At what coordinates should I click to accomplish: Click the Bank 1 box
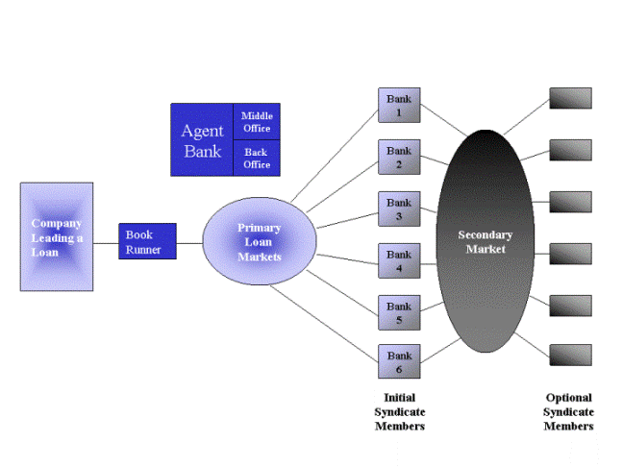[399, 105]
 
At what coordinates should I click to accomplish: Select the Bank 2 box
[399, 157]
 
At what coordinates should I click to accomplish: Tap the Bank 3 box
[399, 209]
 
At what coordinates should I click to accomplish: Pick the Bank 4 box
[399, 261]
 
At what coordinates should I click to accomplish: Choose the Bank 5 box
[399, 313]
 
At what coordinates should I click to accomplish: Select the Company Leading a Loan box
[57, 236]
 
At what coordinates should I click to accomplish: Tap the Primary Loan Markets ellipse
[259, 241]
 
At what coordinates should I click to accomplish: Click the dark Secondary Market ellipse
[485, 241]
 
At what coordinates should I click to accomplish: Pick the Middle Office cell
[257, 122]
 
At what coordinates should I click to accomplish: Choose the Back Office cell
[257, 159]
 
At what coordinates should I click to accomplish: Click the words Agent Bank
[202, 140]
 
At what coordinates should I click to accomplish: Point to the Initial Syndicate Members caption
[399, 411]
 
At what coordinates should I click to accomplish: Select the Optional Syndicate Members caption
[569, 411]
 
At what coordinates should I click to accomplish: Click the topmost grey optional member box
[570, 98]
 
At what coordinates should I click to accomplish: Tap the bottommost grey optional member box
[570, 354]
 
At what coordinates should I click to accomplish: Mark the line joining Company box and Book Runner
[106, 243]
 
